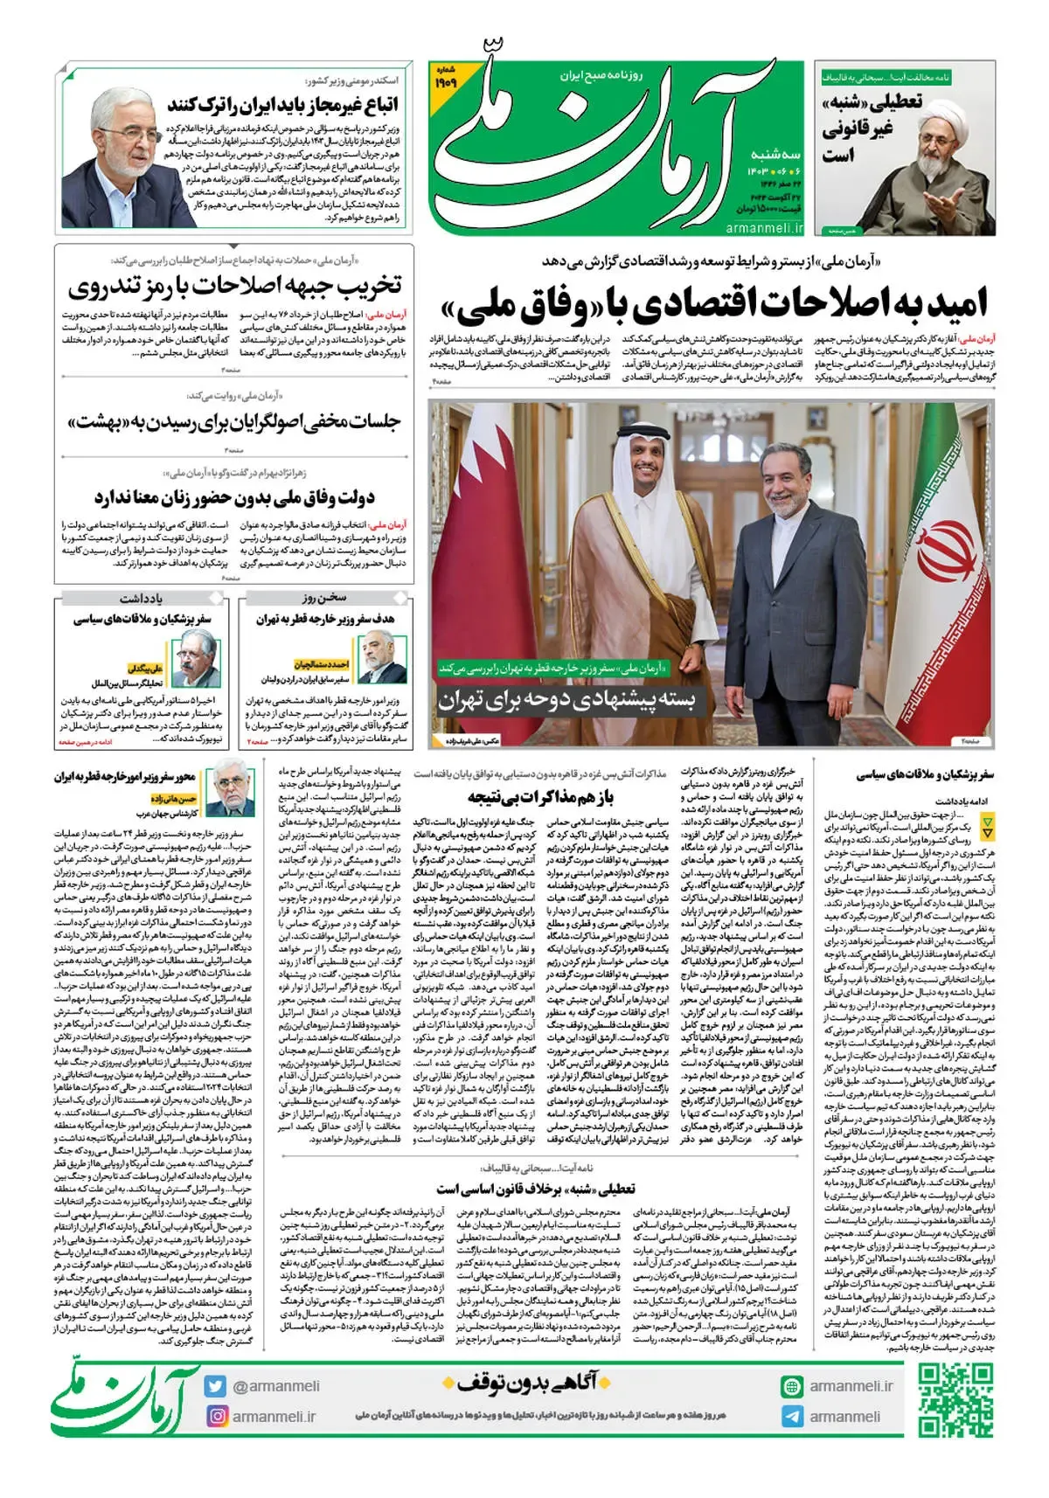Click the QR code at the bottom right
pyautogui.click(x=956, y=1399)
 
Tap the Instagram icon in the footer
pyautogui.click(x=216, y=1416)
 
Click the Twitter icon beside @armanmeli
pyautogui.click(x=216, y=1386)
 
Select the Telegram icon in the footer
pyautogui.click(x=791, y=1417)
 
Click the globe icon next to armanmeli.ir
pyautogui.click(x=791, y=1386)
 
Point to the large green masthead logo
pyautogui.click(x=612, y=149)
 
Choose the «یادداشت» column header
pyautogui.click(x=142, y=599)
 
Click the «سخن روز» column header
pyautogui.click(x=324, y=599)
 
